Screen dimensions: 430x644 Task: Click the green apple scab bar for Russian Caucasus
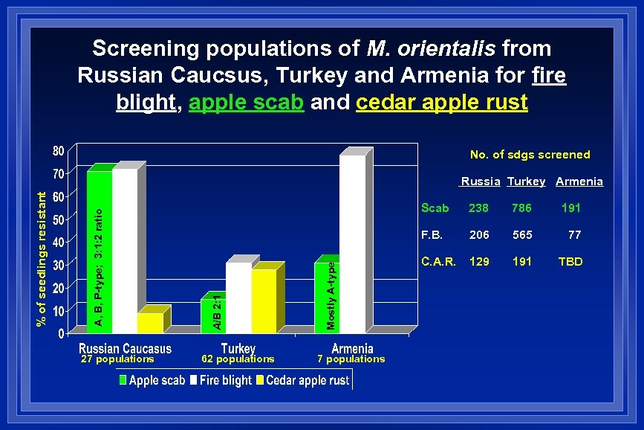pos(99,249)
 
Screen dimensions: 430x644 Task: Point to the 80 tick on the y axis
pos(57,151)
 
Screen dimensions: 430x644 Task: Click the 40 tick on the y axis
pos(57,242)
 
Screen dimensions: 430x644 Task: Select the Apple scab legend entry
pos(152,380)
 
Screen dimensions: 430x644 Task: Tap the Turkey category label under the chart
pos(238,348)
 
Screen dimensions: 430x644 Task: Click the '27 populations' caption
pos(117,359)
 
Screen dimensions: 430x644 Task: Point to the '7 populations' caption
pos(351,359)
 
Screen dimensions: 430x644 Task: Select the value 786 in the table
pos(522,208)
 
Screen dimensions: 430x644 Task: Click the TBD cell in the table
pos(570,262)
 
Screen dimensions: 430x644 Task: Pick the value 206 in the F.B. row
pos(479,235)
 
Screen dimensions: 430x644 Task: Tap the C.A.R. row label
pos(439,262)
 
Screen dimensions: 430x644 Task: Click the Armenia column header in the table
pos(579,182)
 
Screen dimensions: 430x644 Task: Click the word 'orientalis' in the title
pos(431,49)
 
